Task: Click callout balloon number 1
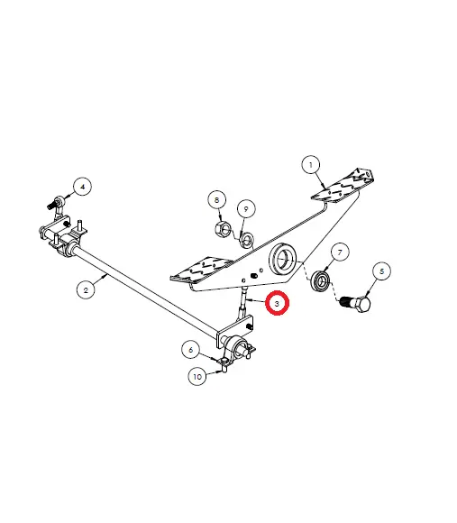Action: click(311, 165)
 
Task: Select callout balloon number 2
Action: click(86, 289)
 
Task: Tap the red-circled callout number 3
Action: click(277, 303)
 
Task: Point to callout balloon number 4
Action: click(83, 187)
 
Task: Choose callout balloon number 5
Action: click(381, 271)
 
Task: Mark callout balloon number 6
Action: click(191, 350)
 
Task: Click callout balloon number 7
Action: click(339, 252)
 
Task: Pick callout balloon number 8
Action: click(216, 200)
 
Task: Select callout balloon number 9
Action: click(246, 209)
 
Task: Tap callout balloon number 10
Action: click(197, 377)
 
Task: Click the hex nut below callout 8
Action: click(223, 228)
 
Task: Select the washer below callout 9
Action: click(247, 239)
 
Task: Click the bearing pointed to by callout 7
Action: click(320, 281)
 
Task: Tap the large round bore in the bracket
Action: click(283, 259)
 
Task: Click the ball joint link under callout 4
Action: click(57, 204)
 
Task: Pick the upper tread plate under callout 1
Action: click(342, 186)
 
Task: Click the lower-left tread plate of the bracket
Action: click(201, 269)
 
